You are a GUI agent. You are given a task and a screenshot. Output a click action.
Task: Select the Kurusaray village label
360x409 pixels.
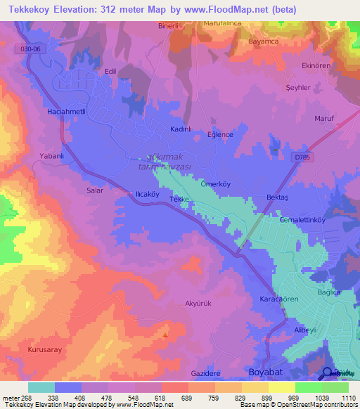[x=46, y=349]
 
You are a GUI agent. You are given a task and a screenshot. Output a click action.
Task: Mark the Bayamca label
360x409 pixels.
[x=265, y=41]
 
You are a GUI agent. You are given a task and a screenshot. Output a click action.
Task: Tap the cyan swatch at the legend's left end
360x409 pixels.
[x=41, y=387]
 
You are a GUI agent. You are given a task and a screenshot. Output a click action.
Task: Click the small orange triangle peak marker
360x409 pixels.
[x=165, y=335]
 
